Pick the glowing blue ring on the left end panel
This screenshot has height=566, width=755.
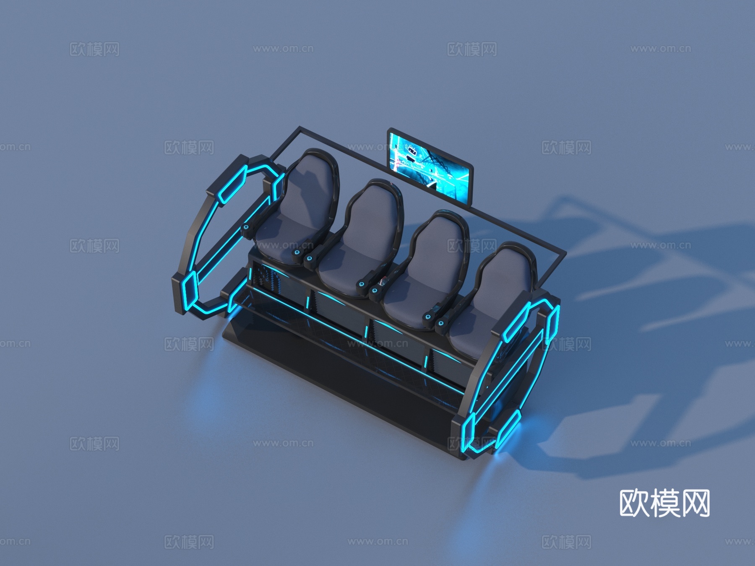pos(201,252)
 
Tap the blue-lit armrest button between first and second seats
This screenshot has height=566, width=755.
pos(297,252)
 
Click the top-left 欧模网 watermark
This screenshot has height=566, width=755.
pos(94,49)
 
